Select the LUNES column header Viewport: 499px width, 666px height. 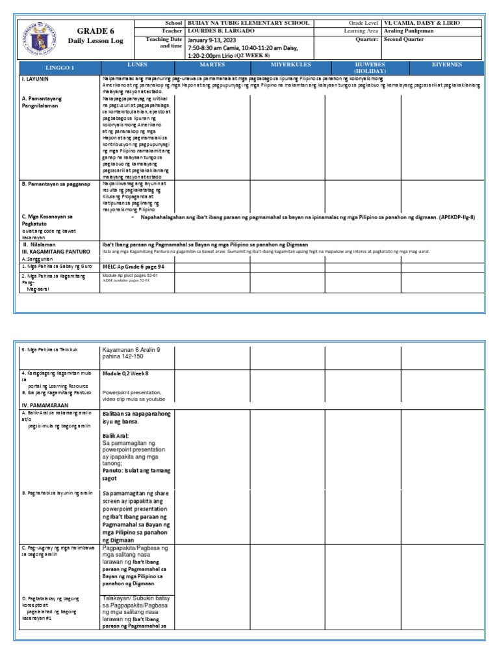[x=137, y=66]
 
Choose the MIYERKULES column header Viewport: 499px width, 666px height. [x=290, y=66]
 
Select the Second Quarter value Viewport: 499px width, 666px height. [x=403, y=39]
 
